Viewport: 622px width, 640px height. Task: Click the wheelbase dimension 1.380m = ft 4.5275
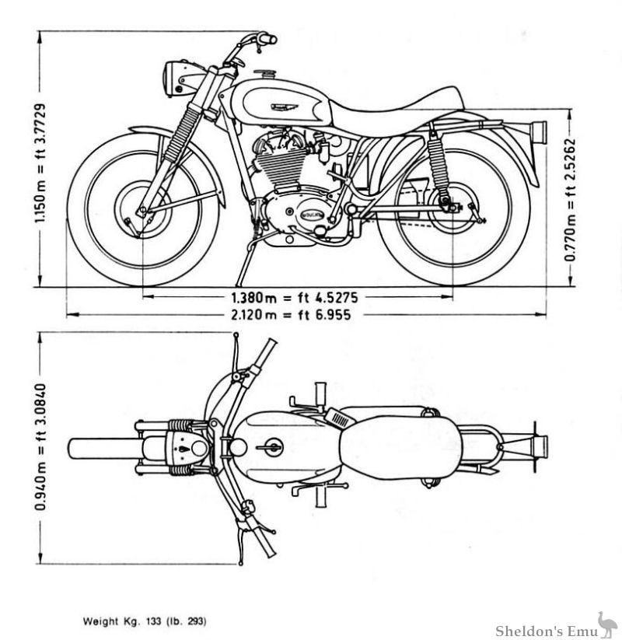(x=298, y=297)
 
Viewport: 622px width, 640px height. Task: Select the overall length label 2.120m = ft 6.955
(x=298, y=315)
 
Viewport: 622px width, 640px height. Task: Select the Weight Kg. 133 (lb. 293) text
(x=145, y=621)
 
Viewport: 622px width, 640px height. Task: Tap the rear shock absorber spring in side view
(x=439, y=165)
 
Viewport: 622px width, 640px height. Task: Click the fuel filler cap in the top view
(x=271, y=447)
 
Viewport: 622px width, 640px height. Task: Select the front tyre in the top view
(x=101, y=448)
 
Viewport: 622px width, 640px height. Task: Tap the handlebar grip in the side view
(x=267, y=37)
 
